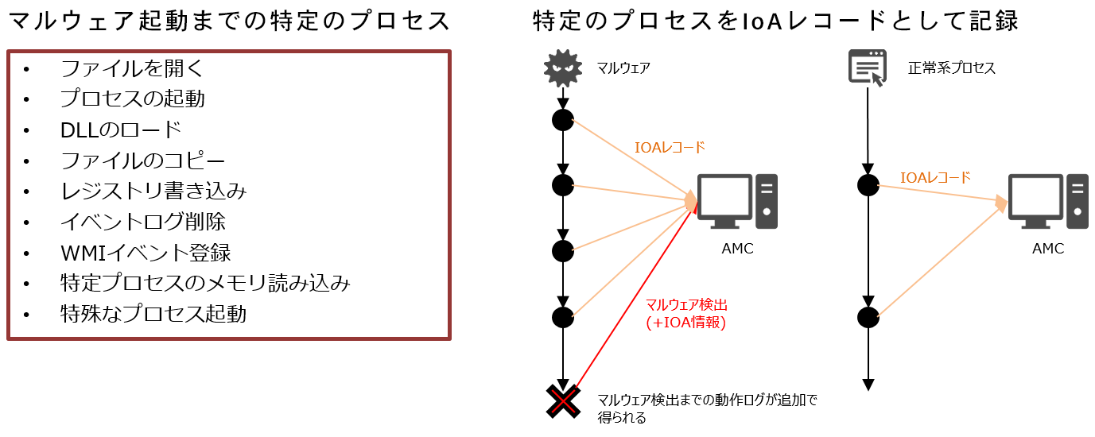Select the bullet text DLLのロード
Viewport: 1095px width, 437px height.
(x=121, y=130)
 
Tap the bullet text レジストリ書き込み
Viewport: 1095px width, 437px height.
(x=153, y=191)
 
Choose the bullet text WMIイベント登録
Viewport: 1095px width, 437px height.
(x=146, y=253)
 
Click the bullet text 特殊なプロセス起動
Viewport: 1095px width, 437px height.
(x=153, y=314)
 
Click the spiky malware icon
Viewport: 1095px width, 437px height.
(x=563, y=69)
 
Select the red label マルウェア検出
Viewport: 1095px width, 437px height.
(x=686, y=305)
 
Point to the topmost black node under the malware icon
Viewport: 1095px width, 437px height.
(x=563, y=120)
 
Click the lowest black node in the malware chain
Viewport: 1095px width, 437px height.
(x=563, y=317)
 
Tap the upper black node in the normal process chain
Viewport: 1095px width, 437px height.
(x=868, y=185)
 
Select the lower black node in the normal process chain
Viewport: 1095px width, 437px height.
(x=868, y=317)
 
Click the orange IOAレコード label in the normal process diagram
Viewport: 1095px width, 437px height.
(x=935, y=178)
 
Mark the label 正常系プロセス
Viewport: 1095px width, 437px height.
(x=952, y=68)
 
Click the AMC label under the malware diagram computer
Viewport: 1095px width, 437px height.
(x=737, y=249)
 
